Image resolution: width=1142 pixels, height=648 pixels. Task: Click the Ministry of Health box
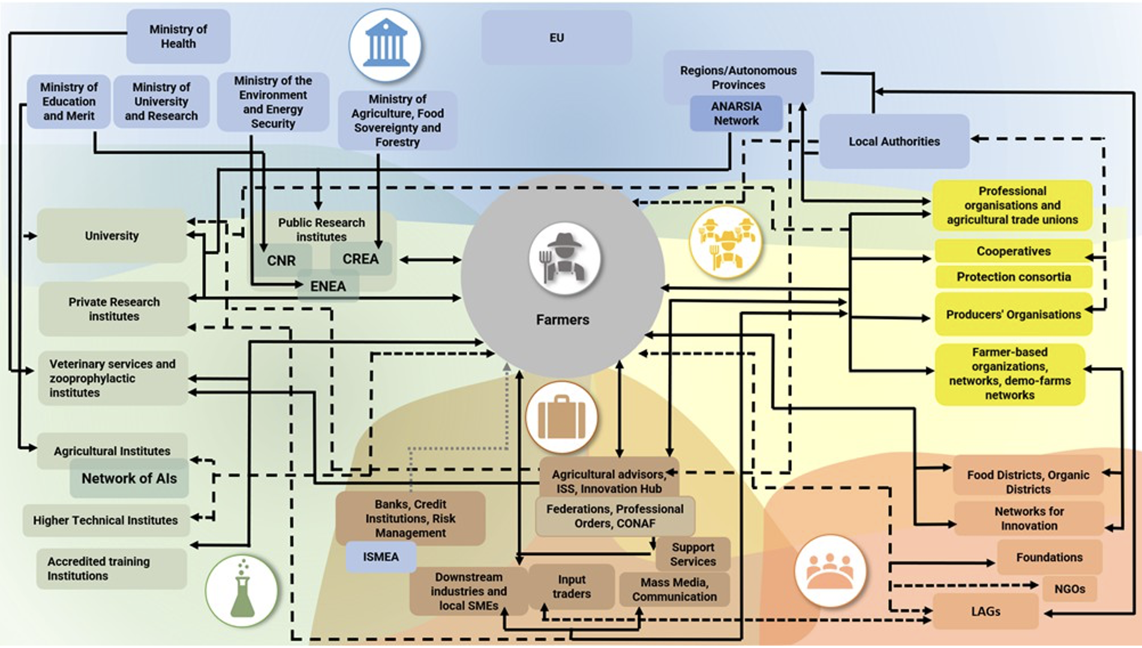[x=178, y=37]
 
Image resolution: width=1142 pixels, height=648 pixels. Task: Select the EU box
[x=556, y=38]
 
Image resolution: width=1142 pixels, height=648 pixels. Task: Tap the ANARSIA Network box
[x=736, y=113]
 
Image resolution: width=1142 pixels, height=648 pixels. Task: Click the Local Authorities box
[x=894, y=142]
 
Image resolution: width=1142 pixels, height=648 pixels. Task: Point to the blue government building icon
[x=386, y=45]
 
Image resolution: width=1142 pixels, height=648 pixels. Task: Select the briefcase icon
[x=561, y=417]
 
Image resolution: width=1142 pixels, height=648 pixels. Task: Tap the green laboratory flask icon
[x=241, y=591]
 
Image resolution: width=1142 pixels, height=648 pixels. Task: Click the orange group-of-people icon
[x=830, y=571]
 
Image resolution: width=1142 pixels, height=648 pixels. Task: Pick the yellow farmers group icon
[x=726, y=242]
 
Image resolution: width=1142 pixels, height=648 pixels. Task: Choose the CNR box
[x=281, y=261]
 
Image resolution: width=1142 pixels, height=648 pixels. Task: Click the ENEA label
[x=328, y=286]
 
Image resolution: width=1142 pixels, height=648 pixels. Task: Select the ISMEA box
[x=380, y=557]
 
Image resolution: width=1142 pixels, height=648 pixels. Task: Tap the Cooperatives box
[x=1013, y=251]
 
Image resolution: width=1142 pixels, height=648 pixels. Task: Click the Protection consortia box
[x=1013, y=277]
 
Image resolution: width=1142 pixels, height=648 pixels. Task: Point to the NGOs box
[x=1069, y=589]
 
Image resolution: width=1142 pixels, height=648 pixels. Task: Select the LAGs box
[x=985, y=611]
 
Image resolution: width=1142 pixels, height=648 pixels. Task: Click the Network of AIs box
[x=129, y=478]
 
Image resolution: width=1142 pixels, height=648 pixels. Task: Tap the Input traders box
[x=571, y=587]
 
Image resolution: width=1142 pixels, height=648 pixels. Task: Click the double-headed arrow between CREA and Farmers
[x=430, y=260]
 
